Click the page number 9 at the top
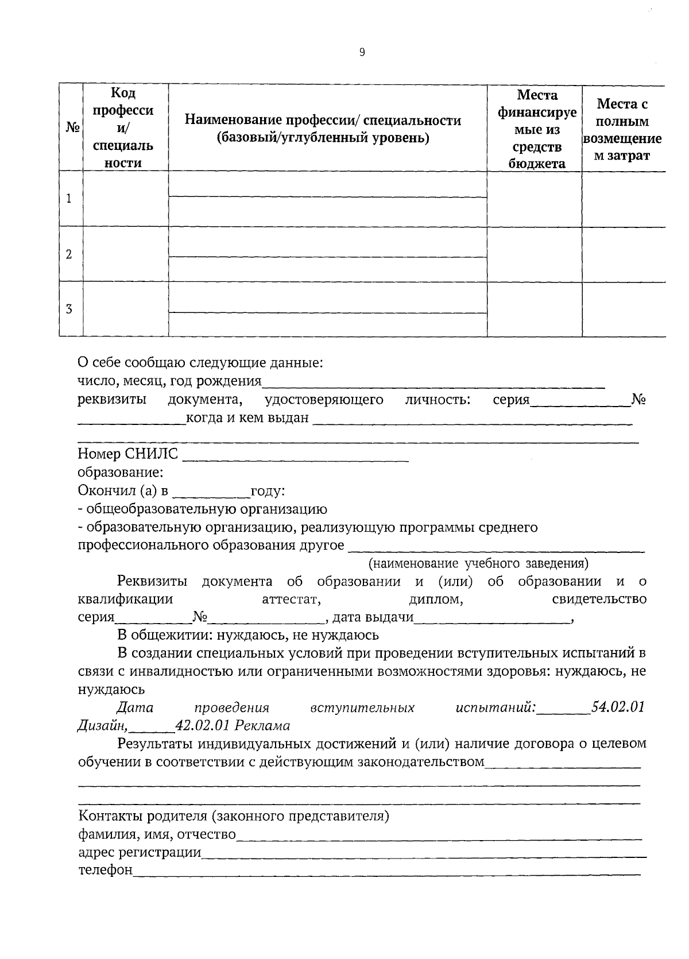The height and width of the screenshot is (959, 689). pyautogui.click(x=362, y=52)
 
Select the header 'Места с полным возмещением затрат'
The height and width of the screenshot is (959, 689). pyautogui.click(x=622, y=130)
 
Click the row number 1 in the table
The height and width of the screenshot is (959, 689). pyautogui.click(x=69, y=199)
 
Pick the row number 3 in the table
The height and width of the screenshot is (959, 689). pyautogui.click(x=69, y=310)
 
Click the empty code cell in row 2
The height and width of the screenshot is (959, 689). pyautogui.click(x=126, y=254)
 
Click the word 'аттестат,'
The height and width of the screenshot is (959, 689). pyautogui.click(x=291, y=600)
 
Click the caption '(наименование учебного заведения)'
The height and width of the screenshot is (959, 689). pyautogui.click(x=478, y=563)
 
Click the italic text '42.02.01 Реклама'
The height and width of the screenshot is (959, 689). pyautogui.click(x=233, y=726)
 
